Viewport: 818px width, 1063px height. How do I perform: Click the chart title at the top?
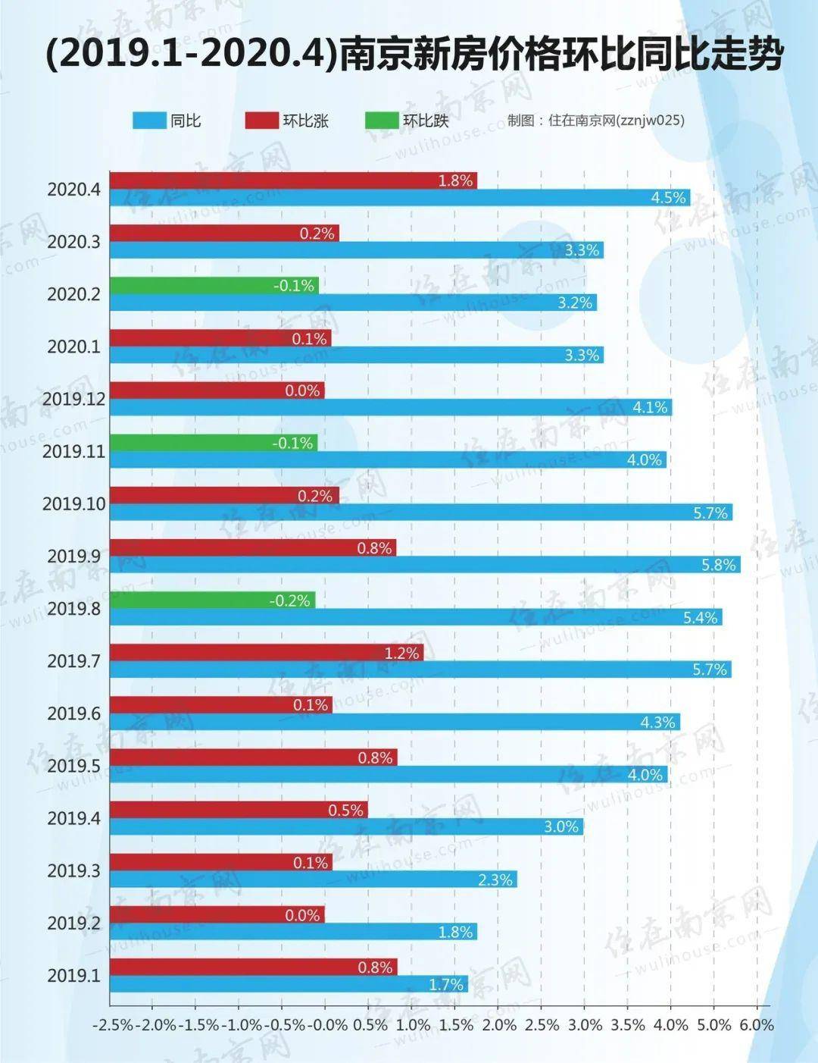pyautogui.click(x=414, y=55)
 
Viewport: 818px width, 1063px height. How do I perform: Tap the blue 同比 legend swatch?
pyautogui.click(x=149, y=121)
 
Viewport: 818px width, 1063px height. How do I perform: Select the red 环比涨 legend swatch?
pyautogui.click(x=262, y=121)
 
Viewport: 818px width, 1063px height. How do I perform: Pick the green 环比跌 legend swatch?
pyautogui.click(x=381, y=121)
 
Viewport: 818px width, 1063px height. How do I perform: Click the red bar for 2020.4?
pyautogui.click(x=294, y=180)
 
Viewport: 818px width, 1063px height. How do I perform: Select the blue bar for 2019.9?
pyautogui.click(x=425, y=565)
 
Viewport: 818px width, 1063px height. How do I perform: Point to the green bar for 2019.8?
pyautogui.click(x=213, y=600)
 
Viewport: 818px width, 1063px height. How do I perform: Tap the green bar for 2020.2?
pyautogui.click(x=214, y=286)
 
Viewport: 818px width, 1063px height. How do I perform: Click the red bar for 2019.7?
pyautogui.click(x=267, y=653)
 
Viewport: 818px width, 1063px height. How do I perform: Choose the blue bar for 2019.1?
pyautogui.click(x=289, y=984)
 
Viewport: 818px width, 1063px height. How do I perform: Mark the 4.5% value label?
pyautogui.click(x=669, y=198)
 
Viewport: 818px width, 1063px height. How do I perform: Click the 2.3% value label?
pyautogui.click(x=496, y=880)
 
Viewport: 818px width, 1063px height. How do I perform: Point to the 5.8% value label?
pyautogui.click(x=719, y=565)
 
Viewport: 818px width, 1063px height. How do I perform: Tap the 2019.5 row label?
pyautogui.click(x=73, y=766)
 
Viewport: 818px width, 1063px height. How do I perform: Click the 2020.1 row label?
pyautogui.click(x=73, y=346)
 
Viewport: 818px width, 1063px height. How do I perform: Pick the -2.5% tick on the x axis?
pyautogui.click(x=112, y=1025)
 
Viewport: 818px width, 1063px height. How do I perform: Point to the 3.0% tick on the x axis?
pyautogui.click(x=585, y=1025)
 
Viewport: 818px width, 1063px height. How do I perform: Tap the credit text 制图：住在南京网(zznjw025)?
pyautogui.click(x=595, y=121)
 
